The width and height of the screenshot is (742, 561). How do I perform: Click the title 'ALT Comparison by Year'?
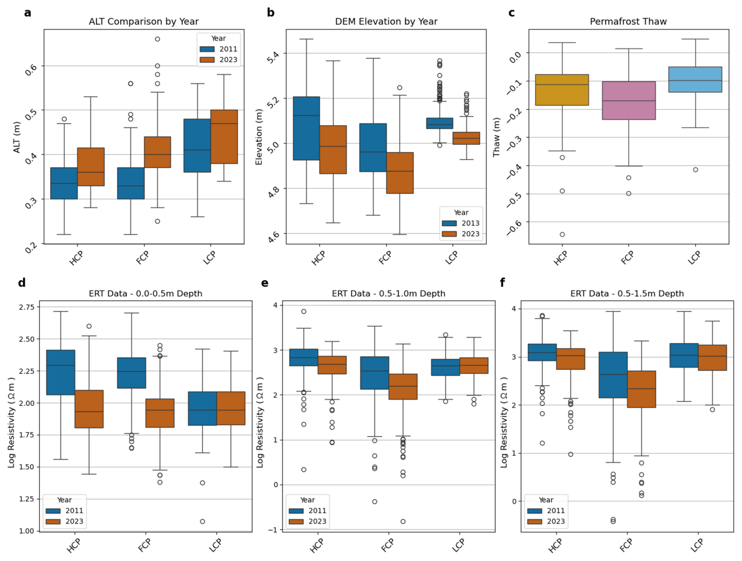(144, 22)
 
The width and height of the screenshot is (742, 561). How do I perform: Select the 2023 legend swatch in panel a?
(207, 60)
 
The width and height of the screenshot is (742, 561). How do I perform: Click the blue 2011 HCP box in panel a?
(64, 183)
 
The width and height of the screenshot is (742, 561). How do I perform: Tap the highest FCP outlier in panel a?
(157, 39)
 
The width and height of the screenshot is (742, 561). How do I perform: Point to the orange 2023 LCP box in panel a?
(224, 137)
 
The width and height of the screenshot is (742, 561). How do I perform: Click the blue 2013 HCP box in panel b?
(306, 128)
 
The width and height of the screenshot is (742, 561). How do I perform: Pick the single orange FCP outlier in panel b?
(400, 88)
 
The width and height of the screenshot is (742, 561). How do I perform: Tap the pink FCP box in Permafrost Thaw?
(629, 100)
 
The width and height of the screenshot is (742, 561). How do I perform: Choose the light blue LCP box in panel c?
(695, 80)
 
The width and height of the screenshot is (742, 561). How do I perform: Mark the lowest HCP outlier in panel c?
(562, 235)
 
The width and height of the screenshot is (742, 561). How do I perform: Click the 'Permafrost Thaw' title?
(628, 22)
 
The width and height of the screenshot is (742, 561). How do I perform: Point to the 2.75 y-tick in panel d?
(27, 307)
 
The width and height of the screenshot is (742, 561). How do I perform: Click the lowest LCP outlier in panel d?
(202, 521)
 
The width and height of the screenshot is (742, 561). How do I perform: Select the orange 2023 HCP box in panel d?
(89, 409)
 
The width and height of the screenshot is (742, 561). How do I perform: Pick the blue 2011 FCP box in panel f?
(613, 375)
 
